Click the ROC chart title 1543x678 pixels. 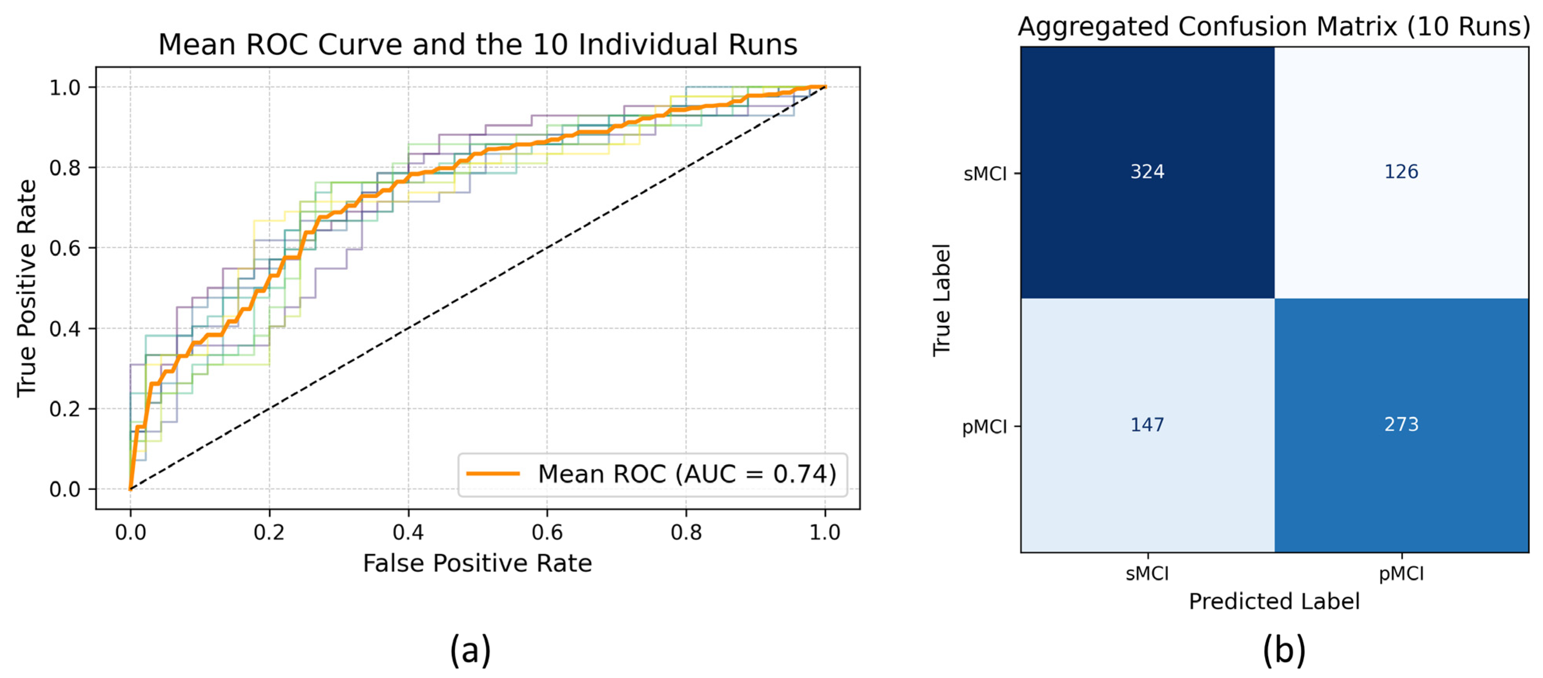[477, 45]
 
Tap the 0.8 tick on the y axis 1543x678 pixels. [65, 168]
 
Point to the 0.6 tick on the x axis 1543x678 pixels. [547, 532]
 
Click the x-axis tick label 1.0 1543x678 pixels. [825, 532]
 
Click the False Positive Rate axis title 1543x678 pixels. [477, 564]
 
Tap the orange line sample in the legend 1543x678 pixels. [492, 474]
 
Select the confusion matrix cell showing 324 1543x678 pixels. [1147, 172]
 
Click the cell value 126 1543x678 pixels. [1401, 172]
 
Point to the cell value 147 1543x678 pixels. [1147, 425]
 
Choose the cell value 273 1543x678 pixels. [1401, 425]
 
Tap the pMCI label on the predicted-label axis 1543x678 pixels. [1401, 574]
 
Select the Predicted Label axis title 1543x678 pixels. [1274, 601]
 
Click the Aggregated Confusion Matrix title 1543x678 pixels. [1274, 26]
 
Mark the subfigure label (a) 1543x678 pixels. [470, 650]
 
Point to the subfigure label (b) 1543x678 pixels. [1284, 650]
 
